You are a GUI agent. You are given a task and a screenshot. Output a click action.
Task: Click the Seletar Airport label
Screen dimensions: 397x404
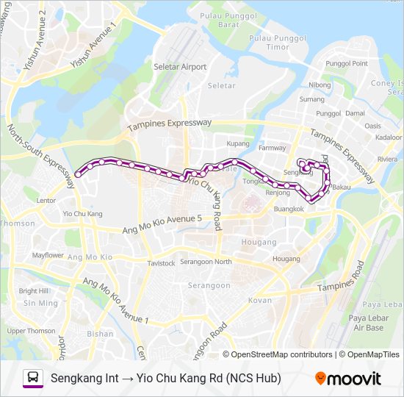(180, 67)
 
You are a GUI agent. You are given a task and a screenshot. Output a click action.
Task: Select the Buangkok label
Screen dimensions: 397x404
(289, 209)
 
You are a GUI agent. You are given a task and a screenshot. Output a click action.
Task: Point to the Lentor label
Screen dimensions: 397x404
(46, 200)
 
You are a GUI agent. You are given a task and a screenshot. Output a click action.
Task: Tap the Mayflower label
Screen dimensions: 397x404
(48, 256)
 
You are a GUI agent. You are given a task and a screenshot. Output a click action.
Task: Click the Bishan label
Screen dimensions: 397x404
(99, 333)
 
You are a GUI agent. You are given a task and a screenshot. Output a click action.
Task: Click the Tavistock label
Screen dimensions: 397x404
(161, 263)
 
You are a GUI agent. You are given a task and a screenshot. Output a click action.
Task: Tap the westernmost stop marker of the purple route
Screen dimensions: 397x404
(78, 175)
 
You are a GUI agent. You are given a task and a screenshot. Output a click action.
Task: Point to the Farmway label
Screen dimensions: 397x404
(272, 148)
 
